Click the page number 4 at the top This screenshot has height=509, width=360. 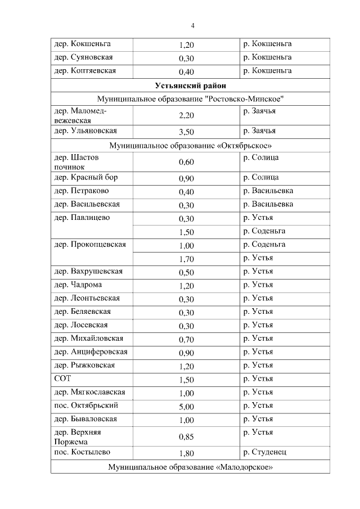[192, 25]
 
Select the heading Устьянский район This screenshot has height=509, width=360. [190, 85]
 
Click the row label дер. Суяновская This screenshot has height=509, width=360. [83, 57]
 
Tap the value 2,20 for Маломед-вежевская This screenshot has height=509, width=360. [186, 116]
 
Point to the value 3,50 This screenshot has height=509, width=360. [186, 132]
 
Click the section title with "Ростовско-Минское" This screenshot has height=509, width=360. [190, 99]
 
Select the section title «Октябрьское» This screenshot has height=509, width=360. [190, 146]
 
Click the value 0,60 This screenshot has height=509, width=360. [186, 163]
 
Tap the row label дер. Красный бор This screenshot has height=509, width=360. [85, 178]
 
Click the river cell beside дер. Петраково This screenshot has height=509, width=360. [268, 191]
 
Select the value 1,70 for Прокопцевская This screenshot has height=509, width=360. [186, 259]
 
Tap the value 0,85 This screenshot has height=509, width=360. [186, 437]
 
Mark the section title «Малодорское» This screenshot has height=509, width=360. [190, 467]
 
